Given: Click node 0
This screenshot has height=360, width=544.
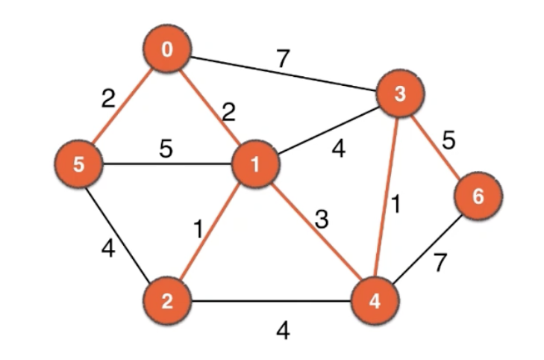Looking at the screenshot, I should pyautogui.click(x=168, y=51).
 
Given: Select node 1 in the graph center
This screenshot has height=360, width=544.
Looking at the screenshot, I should pyautogui.click(x=255, y=165).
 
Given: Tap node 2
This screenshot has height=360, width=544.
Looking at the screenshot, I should pyautogui.click(x=168, y=302).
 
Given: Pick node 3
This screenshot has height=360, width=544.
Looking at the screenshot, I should pyautogui.click(x=401, y=94).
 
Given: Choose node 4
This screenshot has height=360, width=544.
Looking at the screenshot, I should pyautogui.click(x=375, y=302).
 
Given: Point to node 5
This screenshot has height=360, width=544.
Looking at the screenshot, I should pyautogui.click(x=79, y=164).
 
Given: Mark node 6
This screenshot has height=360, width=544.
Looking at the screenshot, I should pyautogui.click(x=478, y=196).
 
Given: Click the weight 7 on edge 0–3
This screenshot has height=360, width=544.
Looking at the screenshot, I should pyautogui.click(x=282, y=59).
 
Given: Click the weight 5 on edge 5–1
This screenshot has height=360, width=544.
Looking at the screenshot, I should pyautogui.click(x=166, y=149).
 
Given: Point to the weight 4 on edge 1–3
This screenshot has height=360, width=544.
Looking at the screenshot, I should pyautogui.click(x=338, y=149).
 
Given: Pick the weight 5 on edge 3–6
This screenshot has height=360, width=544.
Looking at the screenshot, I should pyautogui.click(x=448, y=140).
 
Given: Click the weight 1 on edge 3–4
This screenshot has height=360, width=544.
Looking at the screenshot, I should pyautogui.click(x=396, y=204).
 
